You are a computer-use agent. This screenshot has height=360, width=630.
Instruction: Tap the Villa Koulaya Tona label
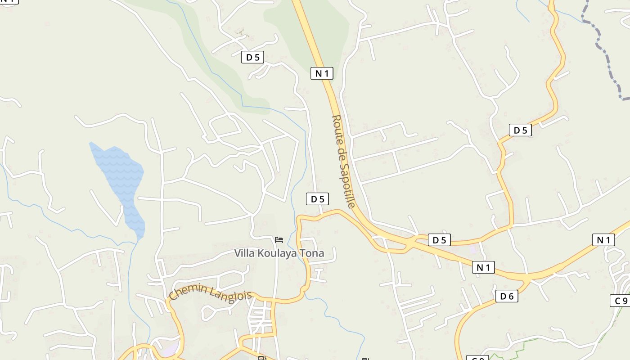pyautogui.click(x=279, y=253)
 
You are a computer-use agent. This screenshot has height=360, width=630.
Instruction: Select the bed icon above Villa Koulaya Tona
pyautogui.click(x=279, y=239)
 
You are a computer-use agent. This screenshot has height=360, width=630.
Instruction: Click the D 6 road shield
pyautogui.click(x=507, y=296)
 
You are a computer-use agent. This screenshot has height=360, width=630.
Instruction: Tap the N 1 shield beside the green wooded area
pyautogui.click(x=322, y=73)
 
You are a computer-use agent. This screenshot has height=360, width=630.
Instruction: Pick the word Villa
pyautogui.click(x=244, y=253)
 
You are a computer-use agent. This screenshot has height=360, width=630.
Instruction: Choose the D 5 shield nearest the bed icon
pyautogui.click(x=317, y=198)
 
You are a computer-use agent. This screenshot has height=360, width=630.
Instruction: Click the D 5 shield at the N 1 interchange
pyautogui.click(x=439, y=240)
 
